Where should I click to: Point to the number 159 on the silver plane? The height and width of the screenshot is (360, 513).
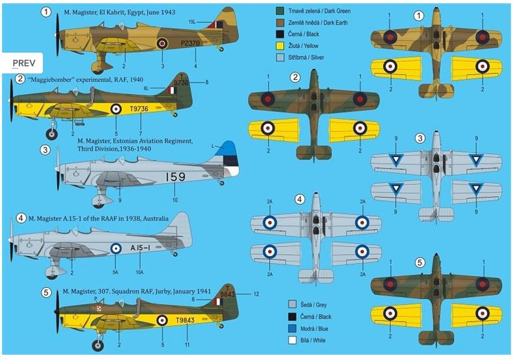177,176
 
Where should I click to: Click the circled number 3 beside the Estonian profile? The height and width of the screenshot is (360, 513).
45,149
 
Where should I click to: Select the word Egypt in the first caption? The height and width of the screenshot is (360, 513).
137,12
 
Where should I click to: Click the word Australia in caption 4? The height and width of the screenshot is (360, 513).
156,218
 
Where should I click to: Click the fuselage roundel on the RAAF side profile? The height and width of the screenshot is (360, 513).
116,248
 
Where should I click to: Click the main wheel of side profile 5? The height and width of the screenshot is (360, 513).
97,346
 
